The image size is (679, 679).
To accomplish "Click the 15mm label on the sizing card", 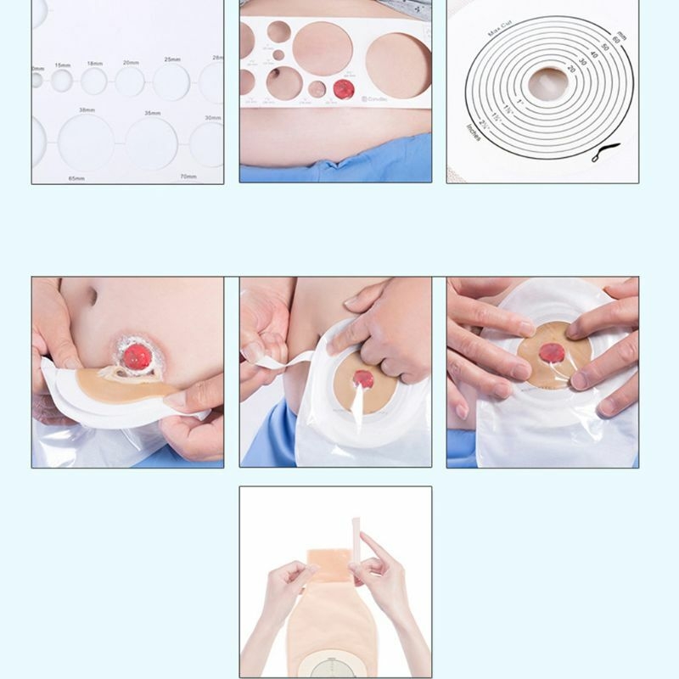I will click(x=63, y=65).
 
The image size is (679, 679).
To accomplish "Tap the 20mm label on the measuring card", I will click(x=130, y=62).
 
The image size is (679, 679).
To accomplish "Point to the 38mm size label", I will click(x=87, y=110).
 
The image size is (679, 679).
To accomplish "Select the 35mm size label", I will click(x=152, y=113).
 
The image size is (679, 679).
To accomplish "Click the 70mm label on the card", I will click(x=188, y=177).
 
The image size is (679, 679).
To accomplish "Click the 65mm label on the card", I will click(x=76, y=179).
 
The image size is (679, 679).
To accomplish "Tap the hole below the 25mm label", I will click(x=171, y=82).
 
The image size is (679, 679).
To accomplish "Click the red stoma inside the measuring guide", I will click(x=344, y=88).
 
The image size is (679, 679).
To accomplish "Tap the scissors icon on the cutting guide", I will click(x=603, y=153).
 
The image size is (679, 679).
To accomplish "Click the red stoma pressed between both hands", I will click(x=551, y=352).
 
